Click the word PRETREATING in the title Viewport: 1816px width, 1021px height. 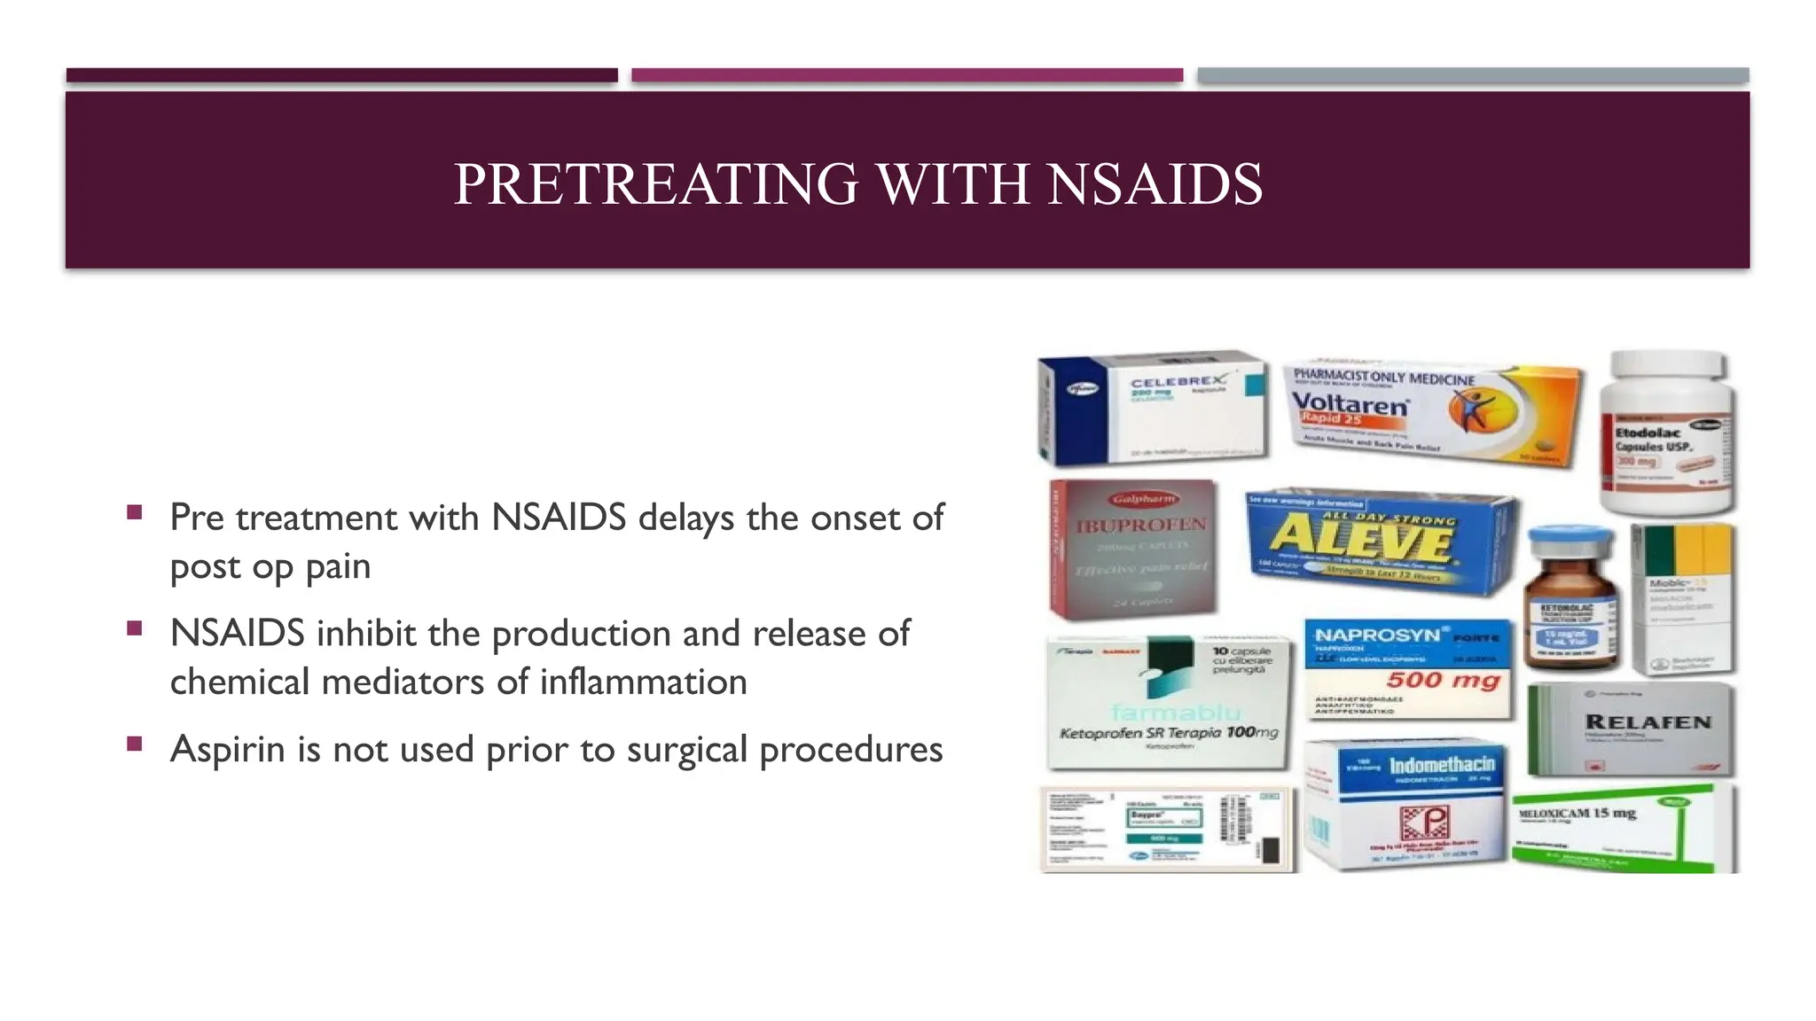click(x=656, y=184)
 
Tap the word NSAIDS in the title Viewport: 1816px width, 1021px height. click(x=1155, y=184)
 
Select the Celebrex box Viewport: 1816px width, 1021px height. click(x=1153, y=408)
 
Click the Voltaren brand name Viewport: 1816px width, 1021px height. click(x=1349, y=403)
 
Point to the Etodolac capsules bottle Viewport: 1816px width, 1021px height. click(x=1667, y=443)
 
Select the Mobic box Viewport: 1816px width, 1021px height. click(x=1683, y=598)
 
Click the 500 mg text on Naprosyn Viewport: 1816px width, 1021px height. click(x=1443, y=680)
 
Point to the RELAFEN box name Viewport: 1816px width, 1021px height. click(x=1648, y=722)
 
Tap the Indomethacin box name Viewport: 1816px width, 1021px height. click(x=1442, y=765)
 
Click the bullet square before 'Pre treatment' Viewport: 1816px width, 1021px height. click(x=135, y=512)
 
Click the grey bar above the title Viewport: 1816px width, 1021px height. click(x=1472, y=75)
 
